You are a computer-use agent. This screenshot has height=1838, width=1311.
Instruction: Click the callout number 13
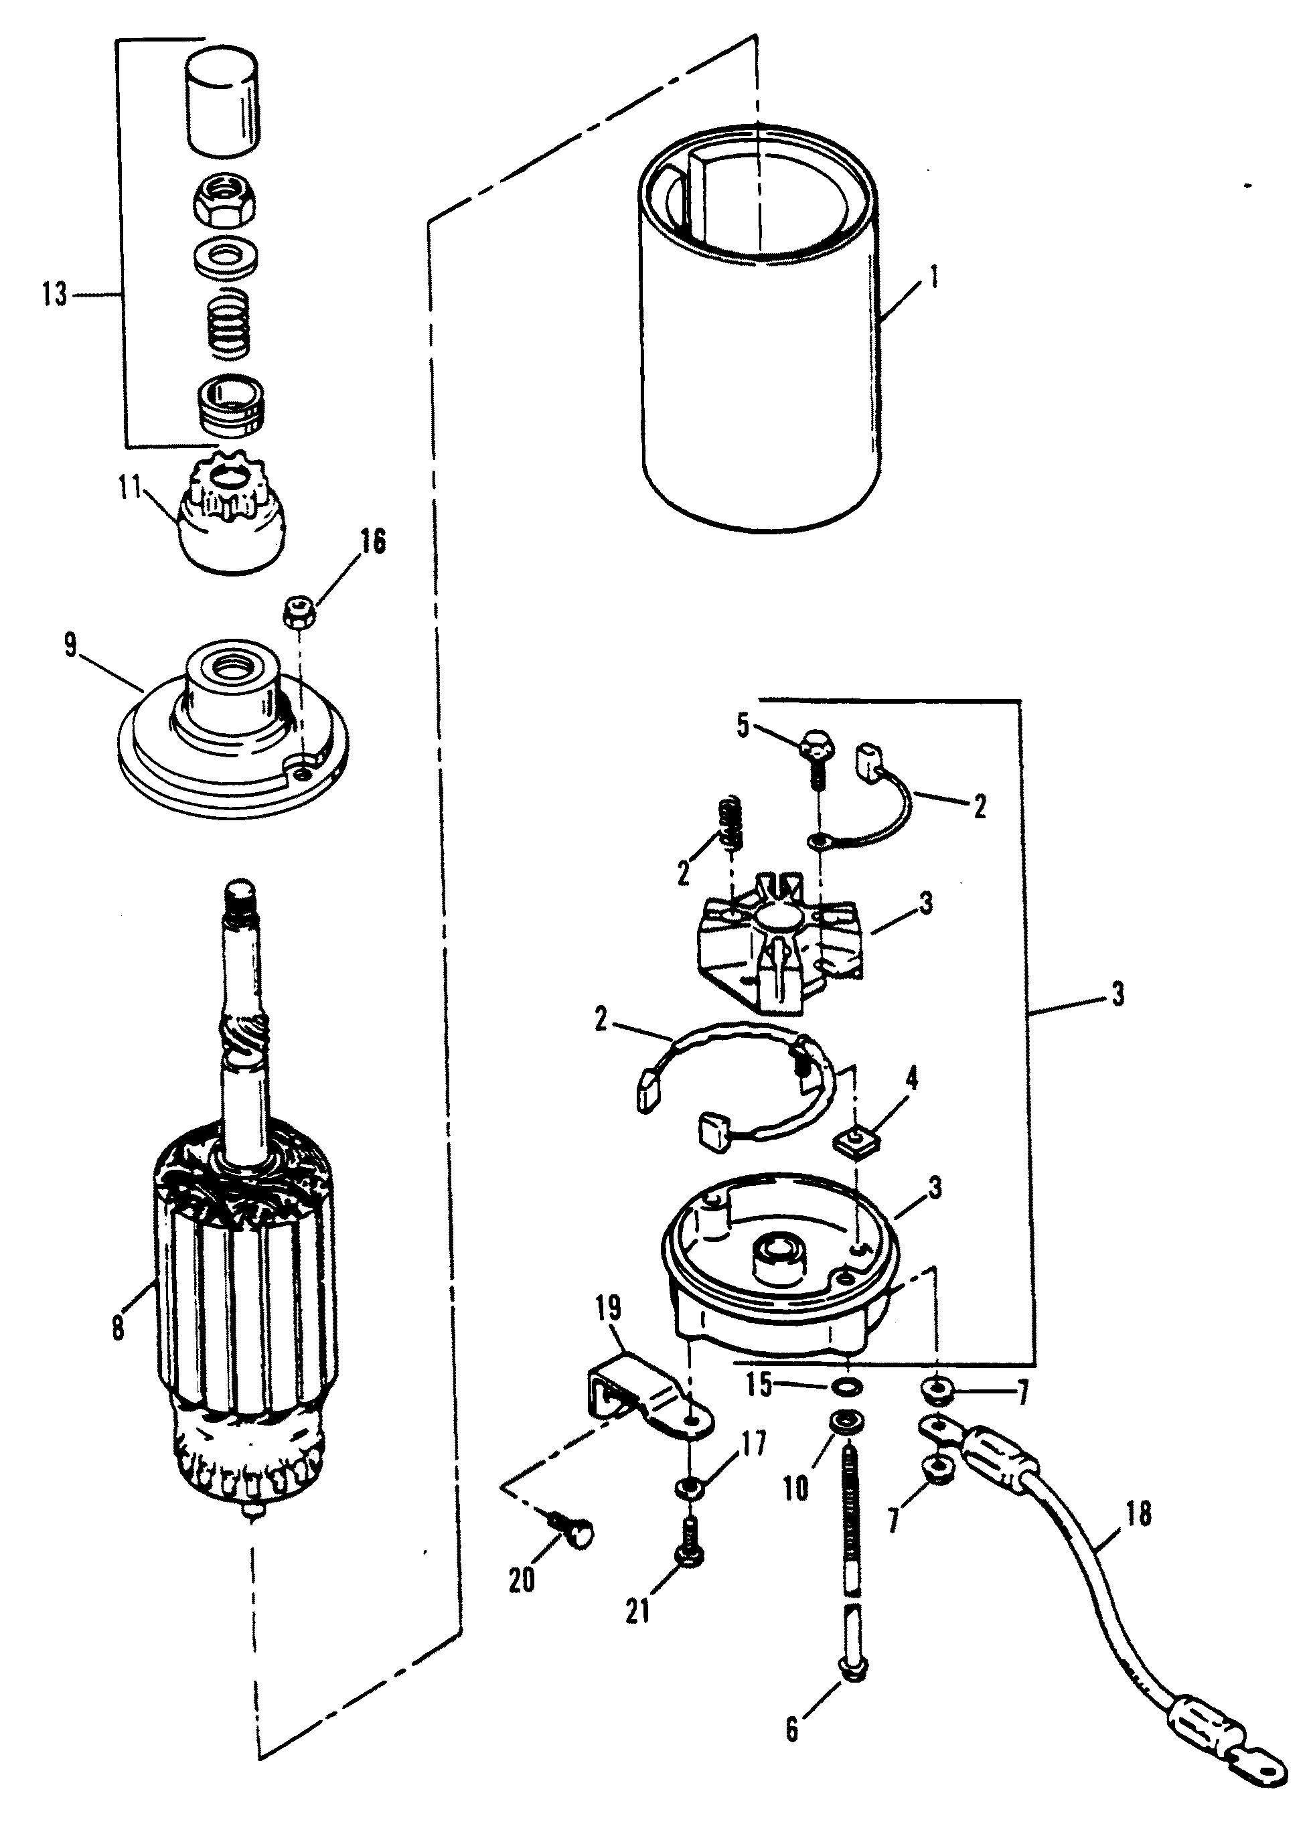click(55, 295)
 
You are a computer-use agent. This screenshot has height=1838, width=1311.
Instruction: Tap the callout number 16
click(372, 542)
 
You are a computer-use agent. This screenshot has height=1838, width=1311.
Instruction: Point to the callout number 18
click(1138, 1515)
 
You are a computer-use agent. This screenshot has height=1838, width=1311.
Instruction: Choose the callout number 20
click(522, 1580)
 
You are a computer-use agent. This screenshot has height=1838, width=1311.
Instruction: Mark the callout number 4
click(911, 1080)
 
